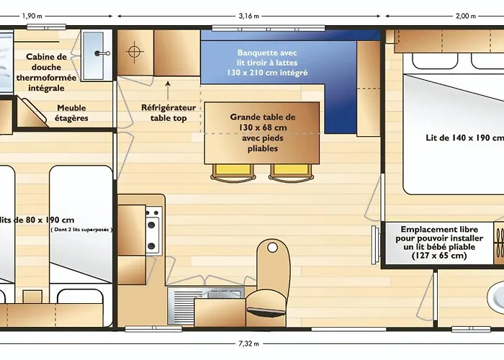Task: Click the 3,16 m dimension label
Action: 249,16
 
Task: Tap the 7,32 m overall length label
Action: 249,343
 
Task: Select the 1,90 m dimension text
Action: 32,16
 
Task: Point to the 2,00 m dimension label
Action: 466,16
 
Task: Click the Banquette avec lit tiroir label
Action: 267,63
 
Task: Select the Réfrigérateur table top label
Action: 168,113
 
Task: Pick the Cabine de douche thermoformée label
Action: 46,72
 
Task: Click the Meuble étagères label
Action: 71,113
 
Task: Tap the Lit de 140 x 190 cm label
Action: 465,138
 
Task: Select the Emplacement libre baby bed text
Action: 439,243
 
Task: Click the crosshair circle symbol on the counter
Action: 135,51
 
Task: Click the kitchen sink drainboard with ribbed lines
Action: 181,306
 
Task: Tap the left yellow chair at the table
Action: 233,171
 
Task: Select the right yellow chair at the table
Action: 291,171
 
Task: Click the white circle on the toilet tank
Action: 273,248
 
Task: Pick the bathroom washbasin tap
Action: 102,53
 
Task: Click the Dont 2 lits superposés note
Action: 81,230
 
